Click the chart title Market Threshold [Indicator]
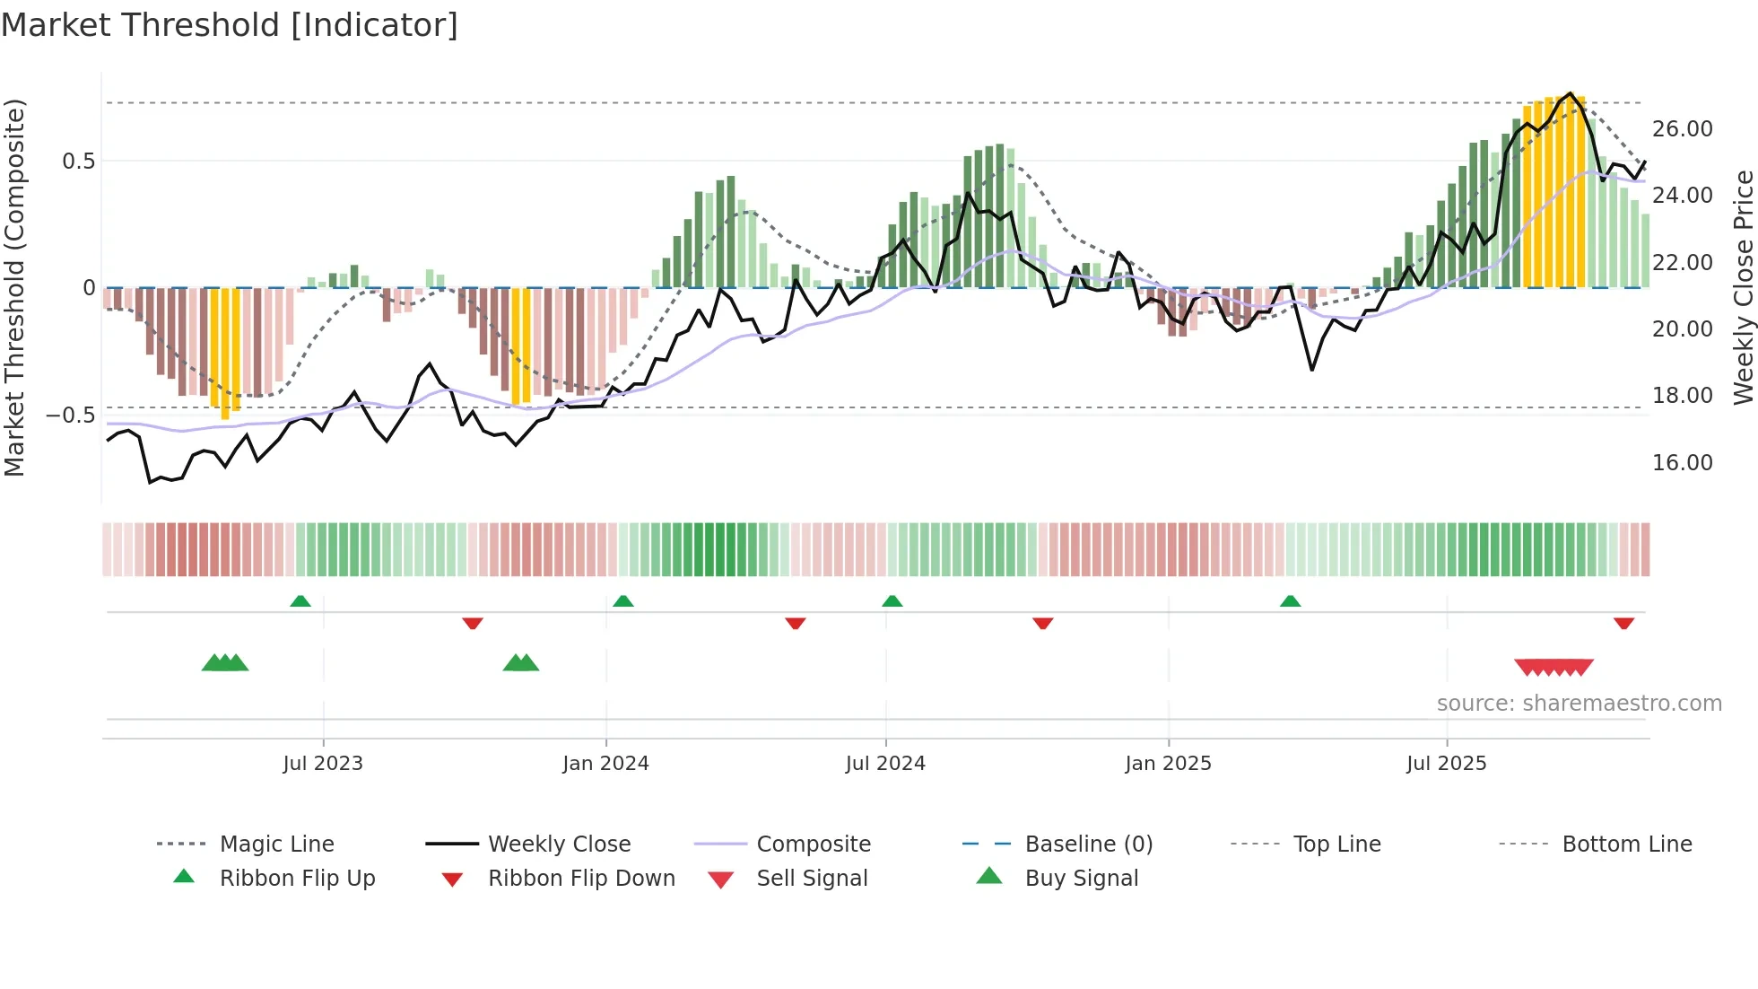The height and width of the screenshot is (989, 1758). [x=230, y=25]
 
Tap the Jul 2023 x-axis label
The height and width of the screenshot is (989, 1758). [x=323, y=763]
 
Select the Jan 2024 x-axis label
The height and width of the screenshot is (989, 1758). [x=605, y=763]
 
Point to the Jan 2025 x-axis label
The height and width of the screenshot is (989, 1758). [x=1168, y=763]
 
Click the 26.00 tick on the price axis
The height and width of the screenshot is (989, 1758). [x=1682, y=129]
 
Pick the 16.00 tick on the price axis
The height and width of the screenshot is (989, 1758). [x=1682, y=462]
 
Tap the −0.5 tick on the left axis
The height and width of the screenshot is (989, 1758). [x=70, y=416]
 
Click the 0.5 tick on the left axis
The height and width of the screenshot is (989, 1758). [x=78, y=162]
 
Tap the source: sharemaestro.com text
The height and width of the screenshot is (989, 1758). [x=1579, y=703]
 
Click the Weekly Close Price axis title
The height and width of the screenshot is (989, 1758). [x=1743, y=287]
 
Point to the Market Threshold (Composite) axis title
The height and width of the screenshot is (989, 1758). [x=14, y=287]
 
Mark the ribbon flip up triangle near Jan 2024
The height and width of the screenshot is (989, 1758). [x=623, y=601]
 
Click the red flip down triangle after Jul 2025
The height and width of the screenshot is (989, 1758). [x=1623, y=623]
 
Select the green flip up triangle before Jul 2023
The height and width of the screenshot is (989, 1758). [x=300, y=601]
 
